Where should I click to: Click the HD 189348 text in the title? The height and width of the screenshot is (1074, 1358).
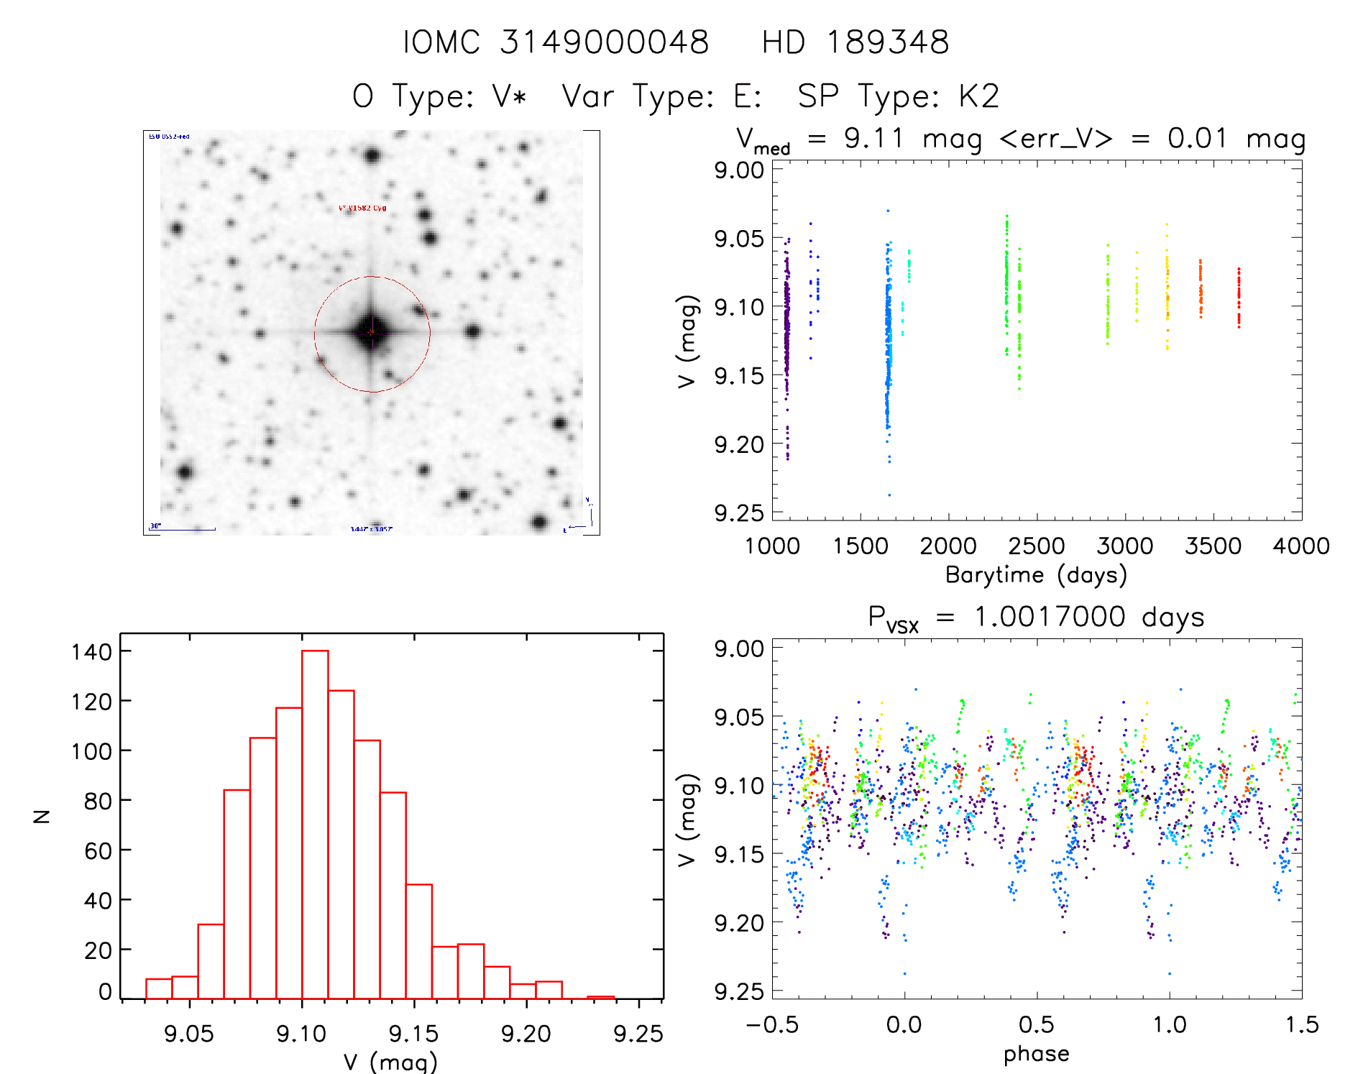(x=855, y=42)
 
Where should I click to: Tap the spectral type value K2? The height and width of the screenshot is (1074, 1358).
(x=978, y=96)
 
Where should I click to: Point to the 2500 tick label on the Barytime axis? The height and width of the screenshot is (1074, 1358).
(x=1036, y=546)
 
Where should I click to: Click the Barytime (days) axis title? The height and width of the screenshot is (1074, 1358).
(x=1036, y=575)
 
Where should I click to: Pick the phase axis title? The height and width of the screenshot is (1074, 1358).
(x=1036, y=1054)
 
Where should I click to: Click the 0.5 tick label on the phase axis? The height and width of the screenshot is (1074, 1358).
(x=1036, y=1024)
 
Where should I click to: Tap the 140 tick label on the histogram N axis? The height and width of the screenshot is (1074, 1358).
(x=91, y=652)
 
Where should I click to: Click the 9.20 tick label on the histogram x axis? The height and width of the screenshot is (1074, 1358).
(x=526, y=1034)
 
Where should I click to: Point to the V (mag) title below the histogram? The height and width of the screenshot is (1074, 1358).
(x=390, y=1062)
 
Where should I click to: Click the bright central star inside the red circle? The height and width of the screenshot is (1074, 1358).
(x=372, y=332)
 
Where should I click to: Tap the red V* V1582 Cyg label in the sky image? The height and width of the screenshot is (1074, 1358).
(x=362, y=208)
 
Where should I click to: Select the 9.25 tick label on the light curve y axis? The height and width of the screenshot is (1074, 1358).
(x=738, y=513)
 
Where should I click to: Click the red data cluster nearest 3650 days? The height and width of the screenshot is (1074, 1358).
(x=1239, y=298)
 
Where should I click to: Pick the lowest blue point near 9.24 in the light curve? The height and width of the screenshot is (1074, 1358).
(x=889, y=495)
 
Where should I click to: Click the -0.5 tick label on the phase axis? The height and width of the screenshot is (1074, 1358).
(x=772, y=1024)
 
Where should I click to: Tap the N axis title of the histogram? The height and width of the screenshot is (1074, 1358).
(x=42, y=816)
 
